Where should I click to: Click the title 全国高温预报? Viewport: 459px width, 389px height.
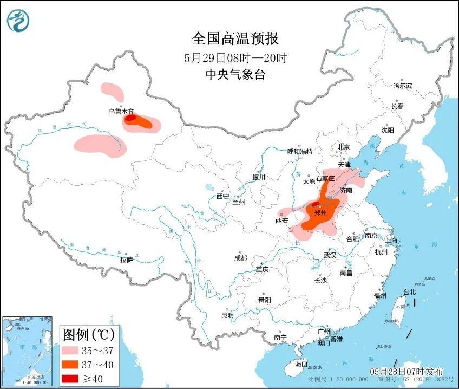click(x=235, y=38)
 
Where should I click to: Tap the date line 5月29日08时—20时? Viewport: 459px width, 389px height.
click(x=235, y=57)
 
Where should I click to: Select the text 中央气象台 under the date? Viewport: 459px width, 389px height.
click(x=235, y=75)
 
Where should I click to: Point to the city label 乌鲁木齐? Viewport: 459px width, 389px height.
click(x=120, y=112)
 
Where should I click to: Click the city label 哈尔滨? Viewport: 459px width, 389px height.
click(x=402, y=86)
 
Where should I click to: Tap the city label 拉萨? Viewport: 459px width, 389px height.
click(x=126, y=260)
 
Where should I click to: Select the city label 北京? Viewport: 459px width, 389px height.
click(x=344, y=147)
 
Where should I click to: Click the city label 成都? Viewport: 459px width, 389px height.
click(x=240, y=258)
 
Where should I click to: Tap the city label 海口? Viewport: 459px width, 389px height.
click(x=300, y=364)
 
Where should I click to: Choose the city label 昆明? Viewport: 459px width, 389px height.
click(x=227, y=315)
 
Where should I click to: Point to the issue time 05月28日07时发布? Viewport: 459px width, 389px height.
click(x=406, y=372)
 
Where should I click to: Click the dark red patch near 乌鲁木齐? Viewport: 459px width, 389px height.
click(x=131, y=118)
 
